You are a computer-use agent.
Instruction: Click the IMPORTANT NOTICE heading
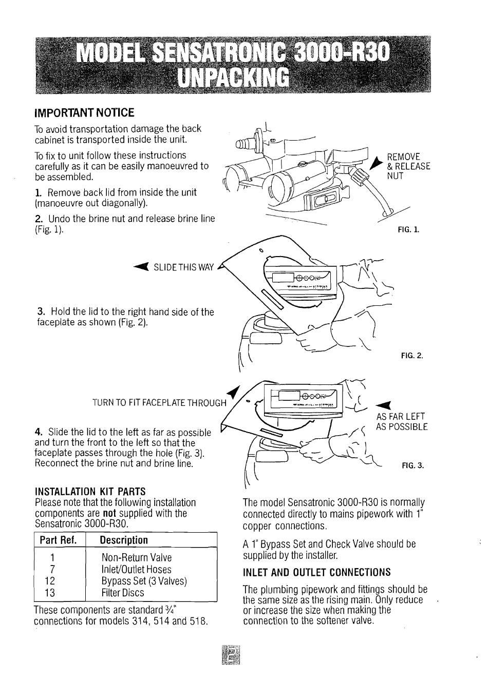tap(84, 113)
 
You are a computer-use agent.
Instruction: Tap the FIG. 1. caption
tap(408, 229)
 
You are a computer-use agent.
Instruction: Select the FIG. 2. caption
tap(412, 355)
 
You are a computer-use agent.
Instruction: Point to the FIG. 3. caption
tap(413, 466)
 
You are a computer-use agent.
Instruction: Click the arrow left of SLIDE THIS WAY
tap(140, 266)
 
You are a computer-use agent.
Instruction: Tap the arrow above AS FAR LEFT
tap(384, 403)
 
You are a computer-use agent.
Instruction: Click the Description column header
tap(124, 540)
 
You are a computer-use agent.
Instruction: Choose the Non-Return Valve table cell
tap(137, 557)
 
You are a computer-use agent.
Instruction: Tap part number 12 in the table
tap(50, 581)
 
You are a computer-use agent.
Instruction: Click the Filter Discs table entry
tap(123, 593)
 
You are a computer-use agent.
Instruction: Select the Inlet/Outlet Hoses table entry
tap(137, 569)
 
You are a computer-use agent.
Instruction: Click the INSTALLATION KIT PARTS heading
tap(90, 491)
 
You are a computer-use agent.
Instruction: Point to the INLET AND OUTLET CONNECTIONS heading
tap(316, 572)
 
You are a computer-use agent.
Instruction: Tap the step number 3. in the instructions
tap(42, 312)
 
